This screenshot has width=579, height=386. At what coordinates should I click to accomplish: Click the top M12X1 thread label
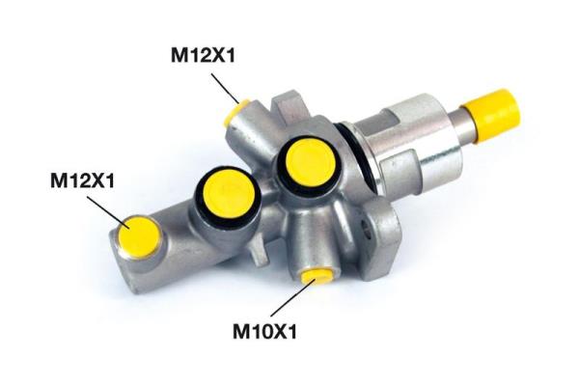[x=203, y=56]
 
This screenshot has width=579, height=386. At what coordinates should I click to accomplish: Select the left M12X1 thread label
[x=82, y=181]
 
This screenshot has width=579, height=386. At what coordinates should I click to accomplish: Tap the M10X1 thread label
[x=264, y=331]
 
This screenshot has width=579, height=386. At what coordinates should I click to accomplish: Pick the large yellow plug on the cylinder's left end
[x=137, y=235]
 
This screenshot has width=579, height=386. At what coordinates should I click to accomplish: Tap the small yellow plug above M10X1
[x=316, y=276]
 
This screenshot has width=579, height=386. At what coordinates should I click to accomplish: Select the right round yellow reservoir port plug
[x=310, y=161]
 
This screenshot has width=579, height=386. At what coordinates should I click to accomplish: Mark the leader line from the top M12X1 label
[x=225, y=88]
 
